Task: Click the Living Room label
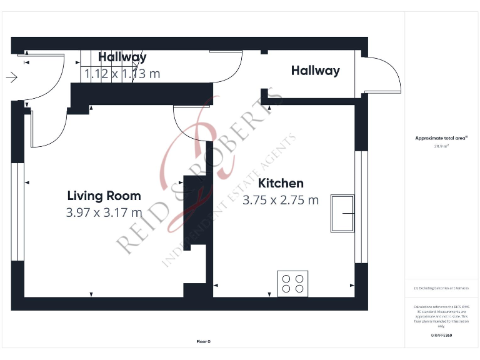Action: pos(104,196)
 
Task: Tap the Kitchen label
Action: pos(281,183)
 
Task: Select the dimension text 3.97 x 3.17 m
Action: pos(104,212)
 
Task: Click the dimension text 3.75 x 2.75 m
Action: pos(281,200)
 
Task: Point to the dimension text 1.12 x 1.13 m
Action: pos(122,74)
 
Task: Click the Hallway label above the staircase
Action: pos(122,57)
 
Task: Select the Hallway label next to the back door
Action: pos(315,71)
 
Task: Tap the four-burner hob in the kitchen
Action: pos(292,282)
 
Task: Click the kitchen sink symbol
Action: pos(343,213)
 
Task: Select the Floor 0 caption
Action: pos(203,341)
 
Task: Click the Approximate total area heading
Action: pos(441,138)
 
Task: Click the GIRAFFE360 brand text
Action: pos(441,336)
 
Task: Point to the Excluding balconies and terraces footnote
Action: pos(441,288)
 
